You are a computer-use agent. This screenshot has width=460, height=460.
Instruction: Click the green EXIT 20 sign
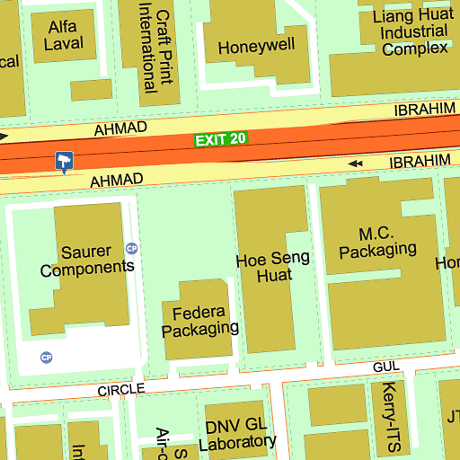(220, 139)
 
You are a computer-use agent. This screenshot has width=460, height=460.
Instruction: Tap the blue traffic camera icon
(64, 161)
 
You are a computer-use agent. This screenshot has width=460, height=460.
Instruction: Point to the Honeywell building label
(256, 47)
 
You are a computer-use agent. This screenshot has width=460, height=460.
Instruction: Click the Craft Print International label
(155, 42)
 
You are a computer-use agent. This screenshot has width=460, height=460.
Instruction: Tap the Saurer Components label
(87, 260)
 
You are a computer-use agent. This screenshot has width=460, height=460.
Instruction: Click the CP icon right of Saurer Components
(132, 248)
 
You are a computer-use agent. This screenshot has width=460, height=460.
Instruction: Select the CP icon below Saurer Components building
(47, 358)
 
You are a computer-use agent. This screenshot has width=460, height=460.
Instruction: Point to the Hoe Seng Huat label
(271, 268)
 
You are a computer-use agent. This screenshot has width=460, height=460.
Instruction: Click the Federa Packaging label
(199, 320)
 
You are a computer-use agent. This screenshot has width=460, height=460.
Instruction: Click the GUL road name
(385, 368)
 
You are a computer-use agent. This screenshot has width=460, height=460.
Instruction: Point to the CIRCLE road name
(121, 390)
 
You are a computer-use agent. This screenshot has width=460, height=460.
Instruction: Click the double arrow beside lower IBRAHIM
(356, 164)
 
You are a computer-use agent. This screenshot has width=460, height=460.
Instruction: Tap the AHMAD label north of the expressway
(120, 129)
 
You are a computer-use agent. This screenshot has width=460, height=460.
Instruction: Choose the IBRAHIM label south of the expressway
(419, 161)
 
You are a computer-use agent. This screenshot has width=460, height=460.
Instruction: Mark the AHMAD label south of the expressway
(116, 181)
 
